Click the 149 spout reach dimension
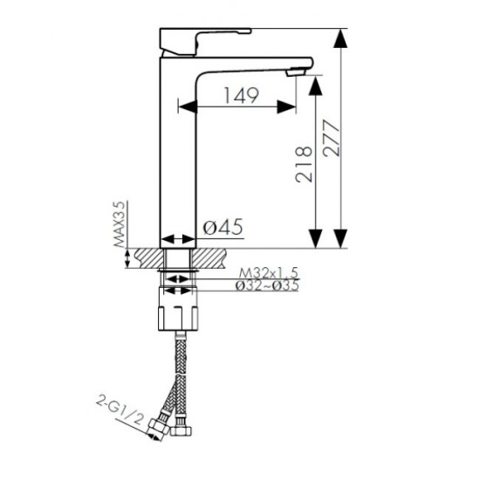pyautogui.click(x=242, y=95)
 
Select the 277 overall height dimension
pyautogui.click(x=332, y=139)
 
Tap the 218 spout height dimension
pyautogui.click(x=304, y=165)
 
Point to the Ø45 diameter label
pyautogui.click(x=223, y=227)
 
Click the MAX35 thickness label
pyautogui.click(x=120, y=224)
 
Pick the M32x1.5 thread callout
pyautogui.click(x=269, y=272)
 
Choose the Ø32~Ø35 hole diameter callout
pyautogui.click(x=267, y=285)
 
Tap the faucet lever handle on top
pyautogui.click(x=205, y=42)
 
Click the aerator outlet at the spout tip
pyautogui.click(x=296, y=72)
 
